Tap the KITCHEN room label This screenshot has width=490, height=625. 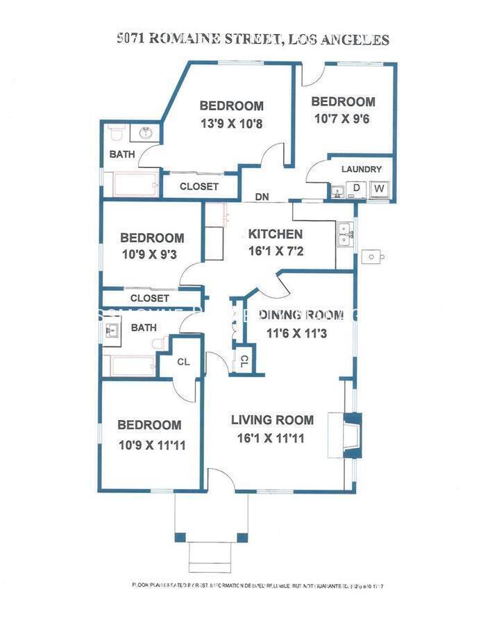pos(276,234)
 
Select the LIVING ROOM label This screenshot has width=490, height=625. pos(272,420)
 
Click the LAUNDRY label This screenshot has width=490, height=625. pos(362,169)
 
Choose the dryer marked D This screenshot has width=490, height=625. pos(357,188)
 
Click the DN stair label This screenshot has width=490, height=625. pos(262,197)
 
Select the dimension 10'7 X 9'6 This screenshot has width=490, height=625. pos(343,118)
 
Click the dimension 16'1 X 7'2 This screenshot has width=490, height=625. pos(276,251)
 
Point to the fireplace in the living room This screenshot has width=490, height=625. pos(353,435)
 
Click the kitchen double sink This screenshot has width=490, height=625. pos(344,235)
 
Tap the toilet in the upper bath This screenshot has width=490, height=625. pos(116,132)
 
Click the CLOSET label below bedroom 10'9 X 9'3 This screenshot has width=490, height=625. pos(149,298)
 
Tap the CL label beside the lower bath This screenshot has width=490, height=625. pos(184,361)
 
